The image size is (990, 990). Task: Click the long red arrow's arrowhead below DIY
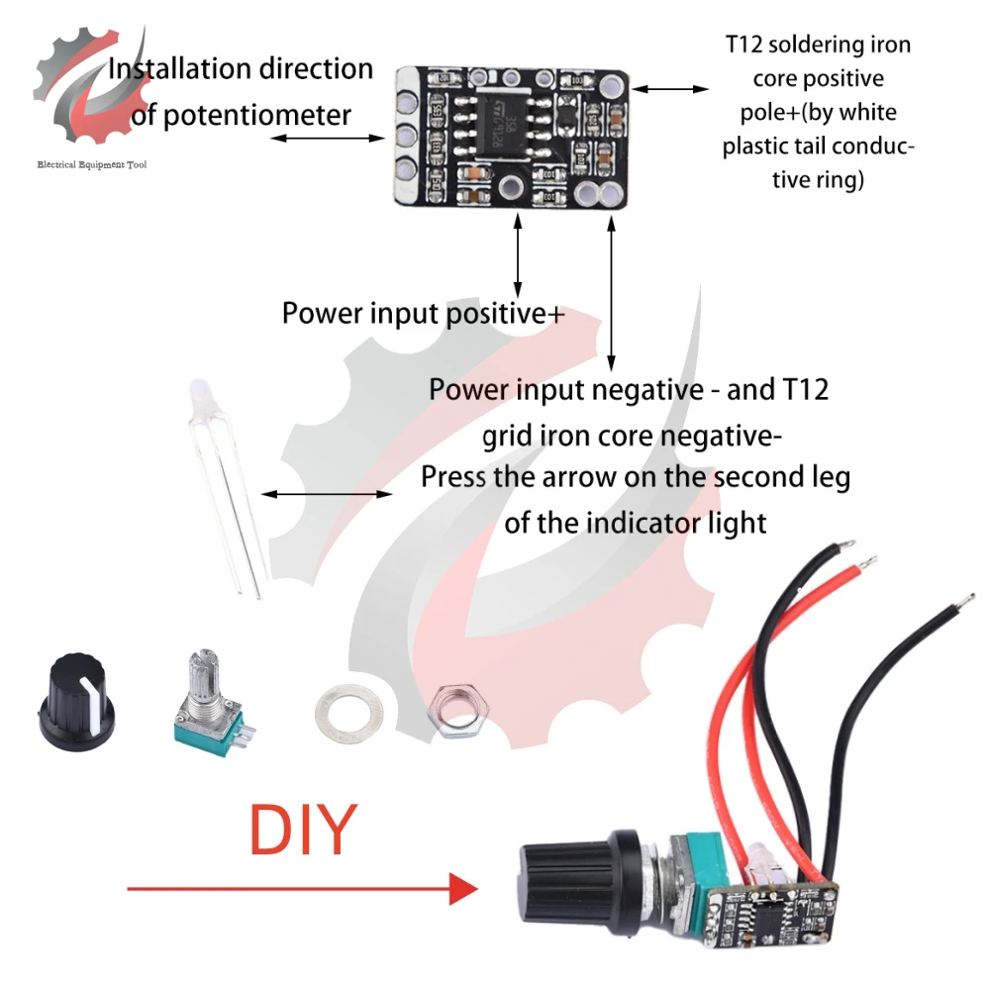(x=461, y=888)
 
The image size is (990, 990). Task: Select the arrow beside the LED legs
(x=326, y=493)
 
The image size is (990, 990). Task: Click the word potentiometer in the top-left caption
(x=255, y=115)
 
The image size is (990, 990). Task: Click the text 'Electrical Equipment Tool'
(x=91, y=164)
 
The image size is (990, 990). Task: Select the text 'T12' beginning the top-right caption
(x=743, y=46)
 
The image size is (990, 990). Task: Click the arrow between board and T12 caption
(x=670, y=89)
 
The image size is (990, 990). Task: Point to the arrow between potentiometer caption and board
(x=327, y=138)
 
